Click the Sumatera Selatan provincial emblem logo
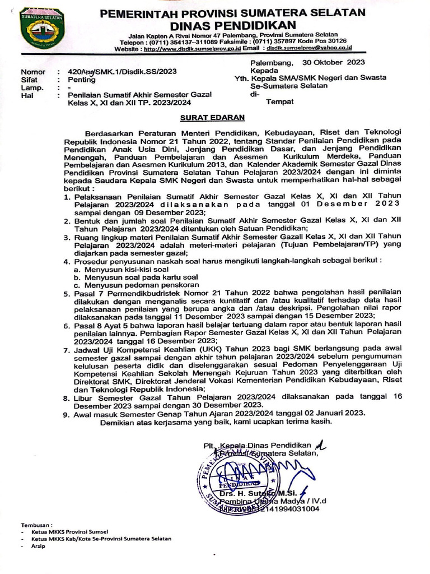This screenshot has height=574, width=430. coord(39,27)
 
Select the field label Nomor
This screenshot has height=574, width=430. coord(33,72)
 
